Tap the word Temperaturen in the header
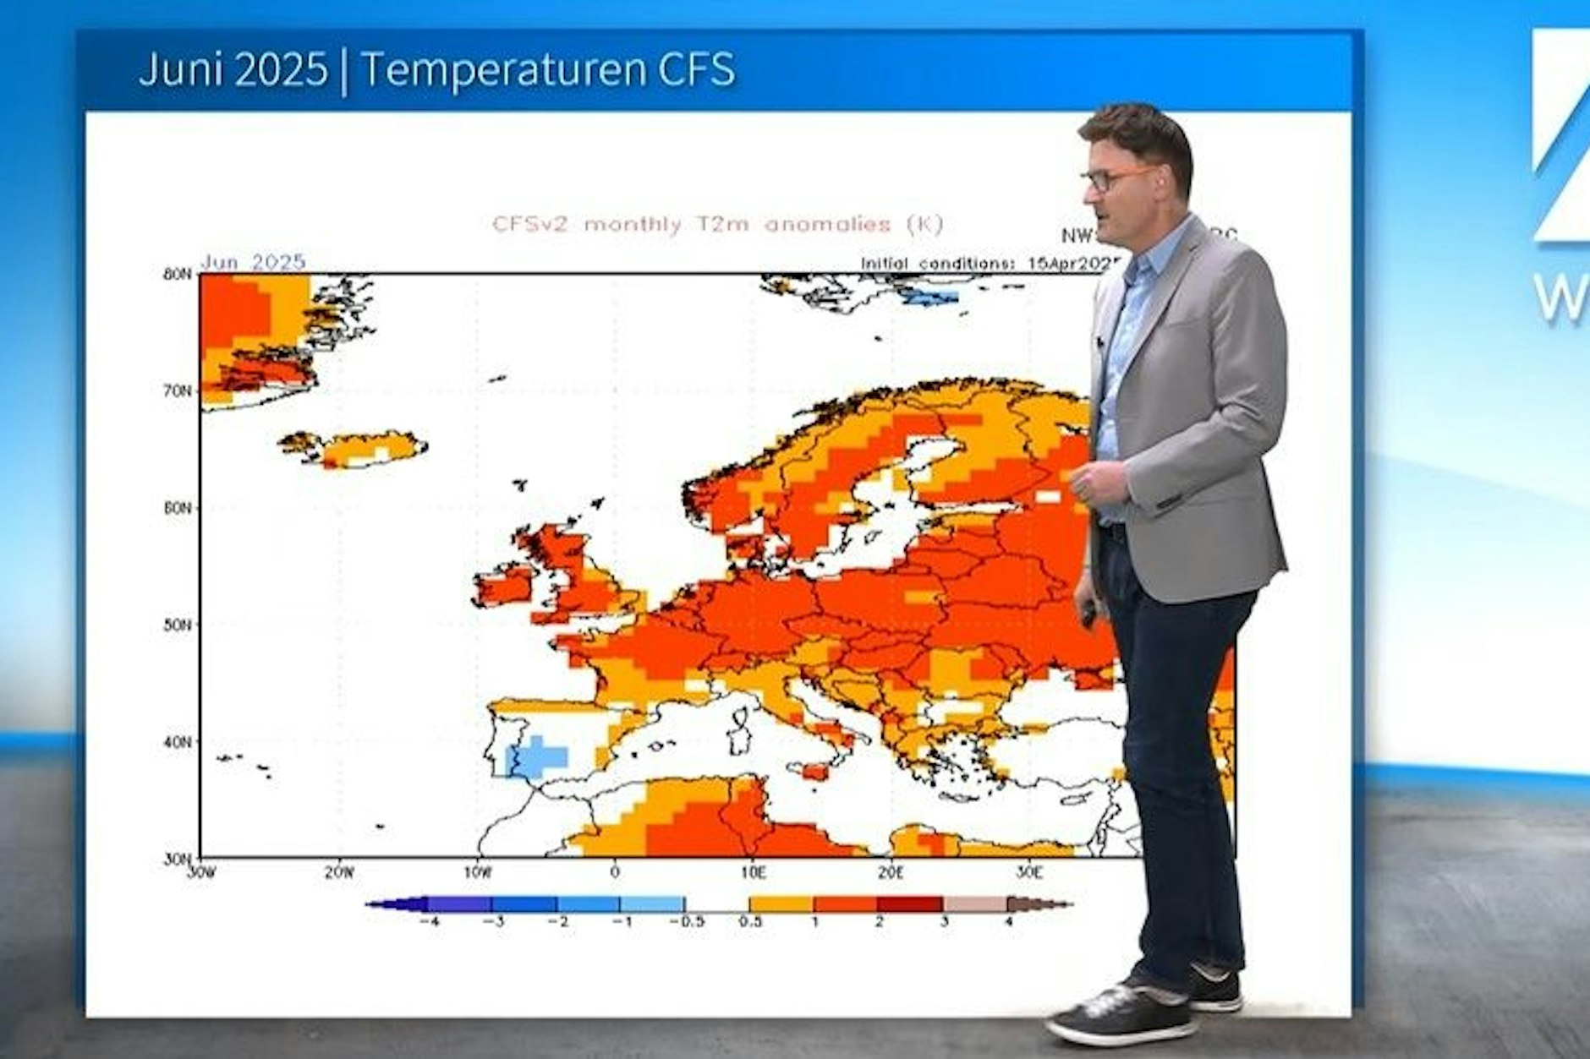click(502, 69)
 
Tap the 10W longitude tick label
click(477, 872)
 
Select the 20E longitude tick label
click(891, 872)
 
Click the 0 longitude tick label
click(615, 872)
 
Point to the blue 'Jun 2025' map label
click(253, 262)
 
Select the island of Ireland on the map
click(504, 586)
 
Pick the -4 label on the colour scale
click(429, 921)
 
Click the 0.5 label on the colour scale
click(749, 921)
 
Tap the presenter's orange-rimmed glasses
click(1115, 178)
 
